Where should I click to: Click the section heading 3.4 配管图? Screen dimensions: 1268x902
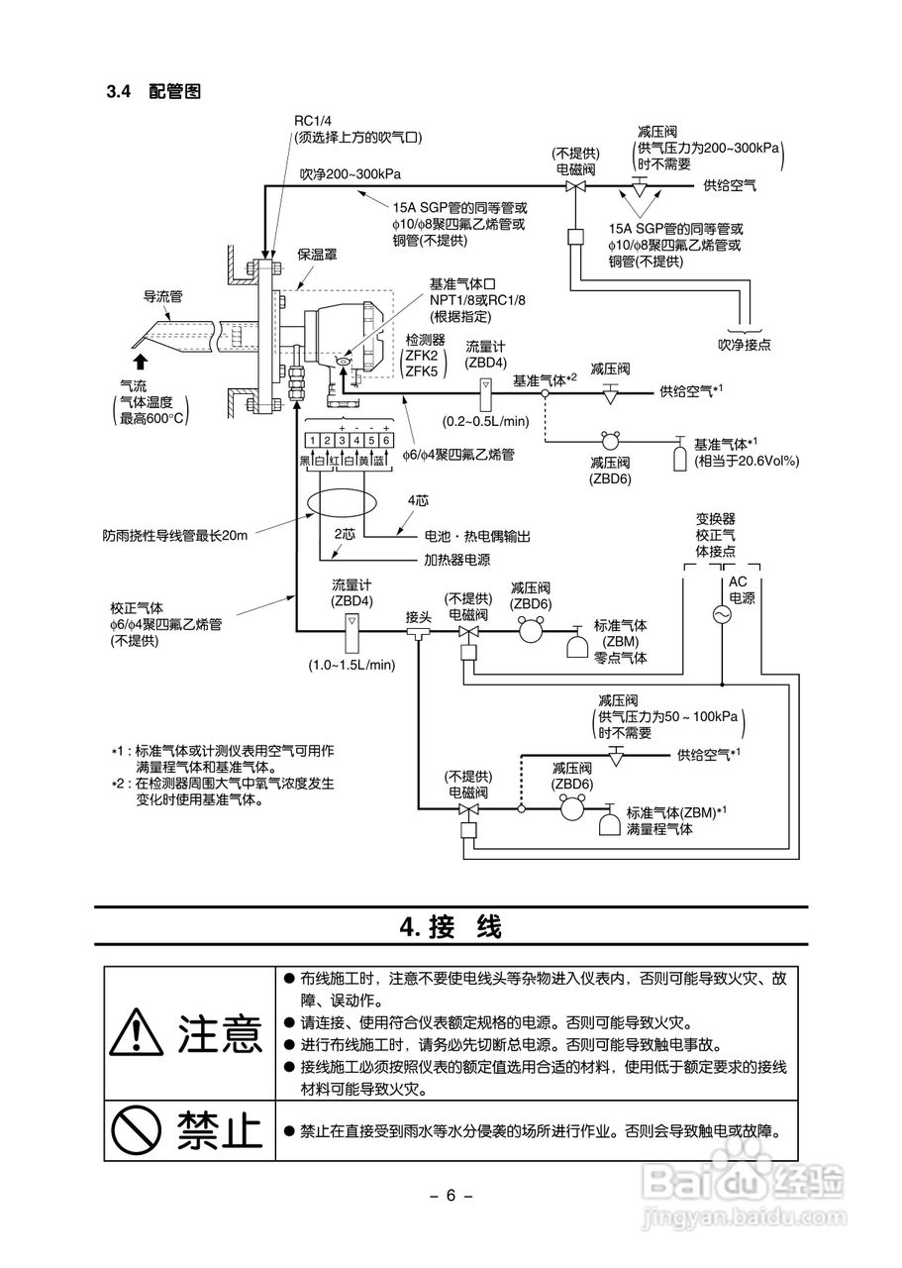pyautogui.click(x=153, y=92)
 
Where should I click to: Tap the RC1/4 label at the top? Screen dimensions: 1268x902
pyautogui.click(x=311, y=122)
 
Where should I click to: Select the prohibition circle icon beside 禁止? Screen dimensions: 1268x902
pyautogui.click(x=137, y=1128)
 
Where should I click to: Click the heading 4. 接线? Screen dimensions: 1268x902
pyautogui.click(x=451, y=927)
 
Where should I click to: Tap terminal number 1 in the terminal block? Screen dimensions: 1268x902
pyautogui.click(x=310, y=440)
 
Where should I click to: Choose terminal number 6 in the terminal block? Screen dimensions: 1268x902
pyautogui.click(x=385, y=440)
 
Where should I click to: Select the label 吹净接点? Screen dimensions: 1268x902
pyautogui.click(x=745, y=345)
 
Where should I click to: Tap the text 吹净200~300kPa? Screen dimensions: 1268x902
pyautogui.click(x=351, y=173)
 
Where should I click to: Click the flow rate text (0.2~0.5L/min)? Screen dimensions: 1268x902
pyautogui.click(x=486, y=421)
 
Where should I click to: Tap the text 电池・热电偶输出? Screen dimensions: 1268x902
pyautogui.click(x=471, y=536)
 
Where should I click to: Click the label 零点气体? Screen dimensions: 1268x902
pyautogui.click(x=620, y=658)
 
